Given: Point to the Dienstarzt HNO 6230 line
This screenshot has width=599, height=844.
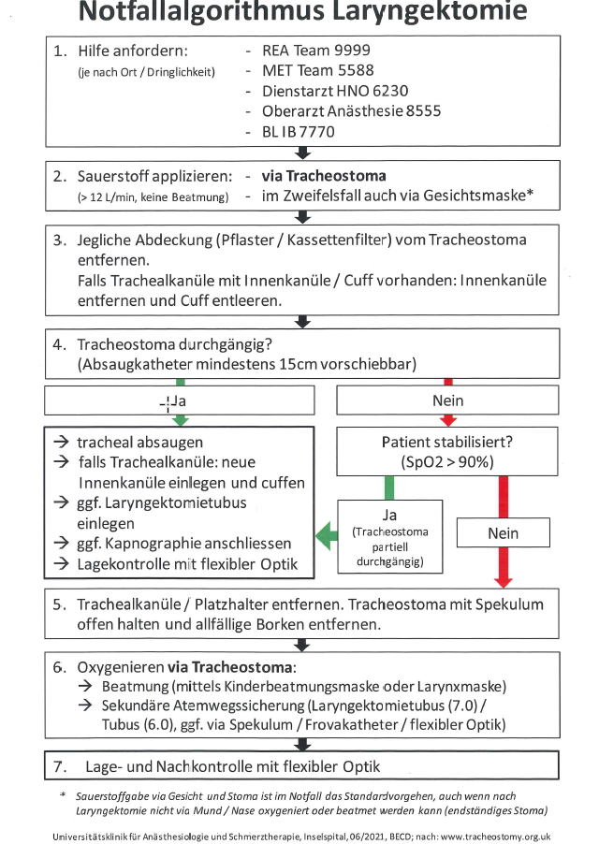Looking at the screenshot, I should coord(335,91).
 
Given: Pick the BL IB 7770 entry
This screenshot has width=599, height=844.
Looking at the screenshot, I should coord(298,132).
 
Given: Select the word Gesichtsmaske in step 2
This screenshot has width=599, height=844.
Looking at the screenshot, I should coord(480,196).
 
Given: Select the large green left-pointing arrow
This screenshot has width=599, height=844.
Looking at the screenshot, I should coord(327,537).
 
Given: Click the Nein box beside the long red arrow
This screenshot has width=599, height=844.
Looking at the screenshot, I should coord(503,533).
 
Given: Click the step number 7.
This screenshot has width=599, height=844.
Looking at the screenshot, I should coord(58,766).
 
